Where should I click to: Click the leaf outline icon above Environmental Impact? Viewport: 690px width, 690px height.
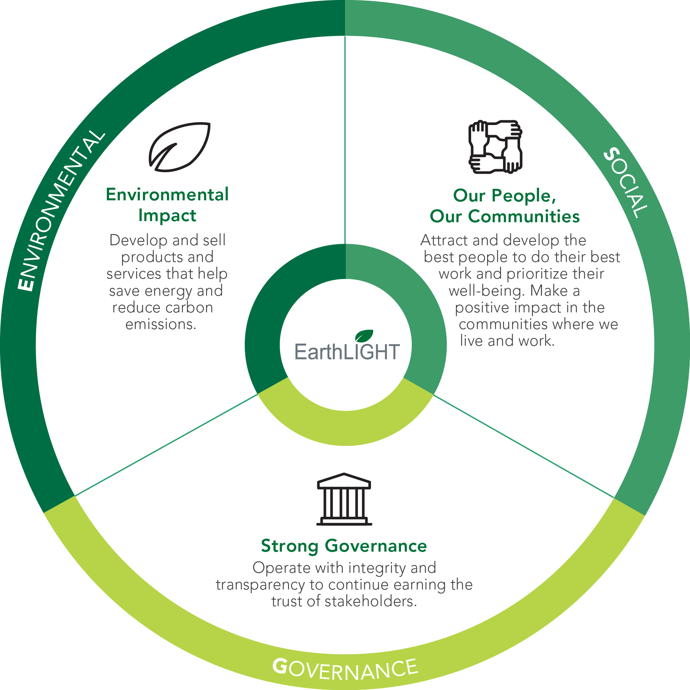pos(180,147)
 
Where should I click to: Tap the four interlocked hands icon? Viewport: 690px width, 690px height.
pos(495,147)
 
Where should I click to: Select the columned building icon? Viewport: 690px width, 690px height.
pos(344,499)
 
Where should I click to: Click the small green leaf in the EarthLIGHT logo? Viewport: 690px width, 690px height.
pos(364,336)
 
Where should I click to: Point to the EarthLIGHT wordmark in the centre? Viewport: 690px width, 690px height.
pos(347,352)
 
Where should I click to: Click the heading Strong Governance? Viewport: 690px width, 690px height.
pos(344,546)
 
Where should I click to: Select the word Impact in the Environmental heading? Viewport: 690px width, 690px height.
pos(167,216)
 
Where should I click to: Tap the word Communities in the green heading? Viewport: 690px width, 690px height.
pos(524,216)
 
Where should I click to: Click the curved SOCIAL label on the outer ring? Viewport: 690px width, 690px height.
pos(626,183)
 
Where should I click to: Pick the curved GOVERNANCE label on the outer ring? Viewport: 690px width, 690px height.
pos(345,669)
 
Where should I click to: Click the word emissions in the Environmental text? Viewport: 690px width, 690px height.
pos(161,324)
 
